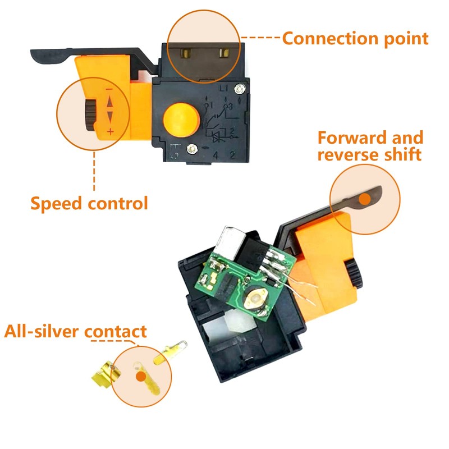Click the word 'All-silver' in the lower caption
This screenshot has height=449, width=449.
click(42, 331)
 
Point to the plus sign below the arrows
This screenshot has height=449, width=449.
click(110, 132)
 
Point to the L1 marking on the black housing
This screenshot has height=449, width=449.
click(223, 88)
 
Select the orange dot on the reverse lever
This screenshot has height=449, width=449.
click(365, 198)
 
